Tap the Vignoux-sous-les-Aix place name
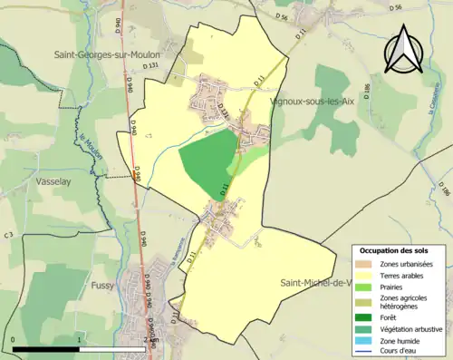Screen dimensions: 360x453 (313, 102)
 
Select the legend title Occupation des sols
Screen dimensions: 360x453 (394, 249)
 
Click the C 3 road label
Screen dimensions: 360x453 (8, 236)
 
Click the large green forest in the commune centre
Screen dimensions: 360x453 (207, 160)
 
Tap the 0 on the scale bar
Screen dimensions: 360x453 (14, 339)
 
